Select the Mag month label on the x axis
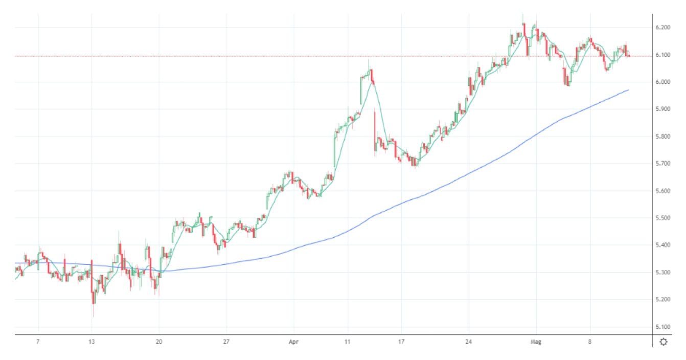(536, 342)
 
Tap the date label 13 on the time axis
(92, 342)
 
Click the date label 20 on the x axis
(159, 342)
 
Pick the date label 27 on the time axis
(226, 342)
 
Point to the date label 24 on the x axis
(469, 342)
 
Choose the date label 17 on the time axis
(401, 342)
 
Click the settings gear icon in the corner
(664, 342)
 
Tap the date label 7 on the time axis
(38, 342)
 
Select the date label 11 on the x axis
(348, 342)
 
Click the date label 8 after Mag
(589, 342)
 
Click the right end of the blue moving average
(628, 90)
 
